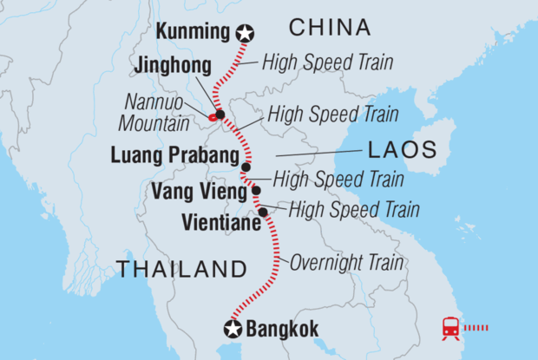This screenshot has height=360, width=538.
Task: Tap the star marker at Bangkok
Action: pyautogui.click(x=233, y=329)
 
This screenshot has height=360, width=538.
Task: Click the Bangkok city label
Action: pyautogui.click(x=282, y=330)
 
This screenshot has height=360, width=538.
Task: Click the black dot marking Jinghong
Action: pyautogui.click(x=220, y=115)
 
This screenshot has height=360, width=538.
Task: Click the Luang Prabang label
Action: pyautogui.click(x=174, y=156)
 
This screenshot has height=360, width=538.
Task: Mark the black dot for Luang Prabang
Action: pyautogui.click(x=246, y=167)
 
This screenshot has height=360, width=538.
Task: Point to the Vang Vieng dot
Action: pyautogui.click(x=255, y=190)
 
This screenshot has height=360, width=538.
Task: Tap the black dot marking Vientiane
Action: pyautogui.click(x=262, y=212)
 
